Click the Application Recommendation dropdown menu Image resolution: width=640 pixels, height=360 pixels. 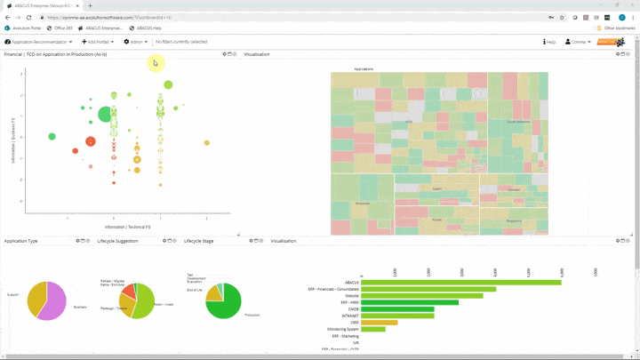click(x=39, y=42)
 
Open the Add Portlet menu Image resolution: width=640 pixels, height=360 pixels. click(x=97, y=42)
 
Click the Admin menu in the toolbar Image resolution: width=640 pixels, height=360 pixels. click(x=136, y=42)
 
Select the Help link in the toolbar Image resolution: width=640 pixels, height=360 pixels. click(x=550, y=42)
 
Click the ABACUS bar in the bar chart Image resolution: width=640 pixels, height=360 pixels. click(x=460, y=283)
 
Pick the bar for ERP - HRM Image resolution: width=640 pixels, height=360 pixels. click(x=410, y=302)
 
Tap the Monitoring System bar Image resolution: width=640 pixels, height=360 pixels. click(x=373, y=329)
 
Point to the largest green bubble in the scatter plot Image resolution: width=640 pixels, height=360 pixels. click(x=106, y=114)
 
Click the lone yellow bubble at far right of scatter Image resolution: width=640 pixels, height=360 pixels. click(x=207, y=142)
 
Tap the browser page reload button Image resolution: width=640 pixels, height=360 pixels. click(x=28, y=17)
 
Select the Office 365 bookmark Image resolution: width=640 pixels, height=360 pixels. click(x=63, y=28)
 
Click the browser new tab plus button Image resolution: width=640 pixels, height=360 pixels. click(x=90, y=5)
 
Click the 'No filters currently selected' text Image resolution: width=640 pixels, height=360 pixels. click(x=181, y=42)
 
